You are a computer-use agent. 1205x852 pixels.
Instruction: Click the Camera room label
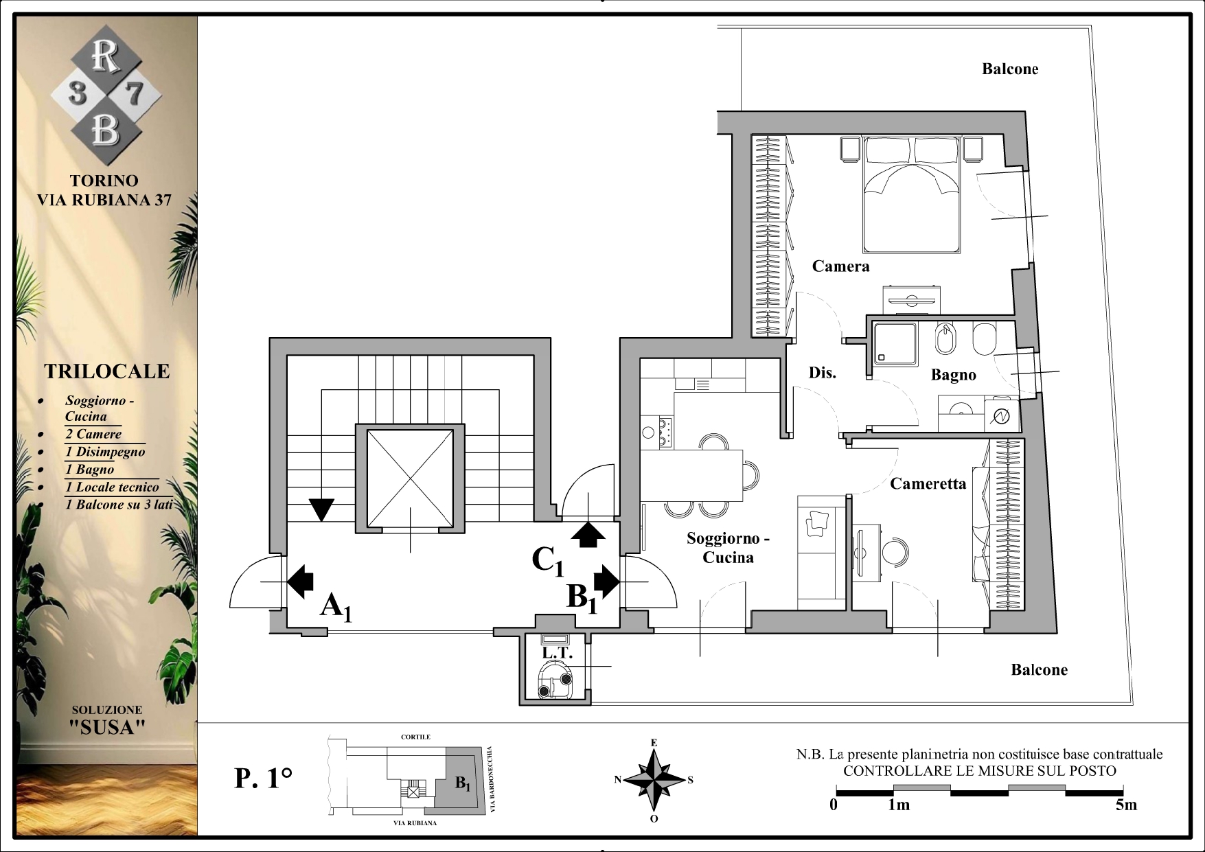click(840, 266)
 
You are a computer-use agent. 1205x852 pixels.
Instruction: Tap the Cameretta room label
click(928, 483)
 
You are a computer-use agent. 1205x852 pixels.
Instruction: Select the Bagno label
click(953, 375)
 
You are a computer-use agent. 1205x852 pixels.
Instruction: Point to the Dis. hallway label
click(822, 372)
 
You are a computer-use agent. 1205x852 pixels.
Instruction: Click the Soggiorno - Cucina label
click(728, 548)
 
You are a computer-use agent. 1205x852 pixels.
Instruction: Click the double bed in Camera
click(911, 195)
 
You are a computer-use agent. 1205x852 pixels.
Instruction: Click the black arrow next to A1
click(299, 582)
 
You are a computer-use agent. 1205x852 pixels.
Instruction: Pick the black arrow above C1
click(588, 534)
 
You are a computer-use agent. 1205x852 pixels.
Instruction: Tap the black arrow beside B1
click(606, 581)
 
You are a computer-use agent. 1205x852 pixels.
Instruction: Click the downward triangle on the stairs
click(321, 509)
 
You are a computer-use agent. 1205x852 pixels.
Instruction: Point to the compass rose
click(654, 779)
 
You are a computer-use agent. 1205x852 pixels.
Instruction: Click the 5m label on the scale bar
click(1126, 805)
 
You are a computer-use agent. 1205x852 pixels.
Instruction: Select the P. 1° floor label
click(264, 778)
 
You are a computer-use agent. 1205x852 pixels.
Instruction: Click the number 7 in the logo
click(135, 93)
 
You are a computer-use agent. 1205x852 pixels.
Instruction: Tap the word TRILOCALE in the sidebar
click(107, 371)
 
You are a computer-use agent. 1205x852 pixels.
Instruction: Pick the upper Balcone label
click(1009, 69)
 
